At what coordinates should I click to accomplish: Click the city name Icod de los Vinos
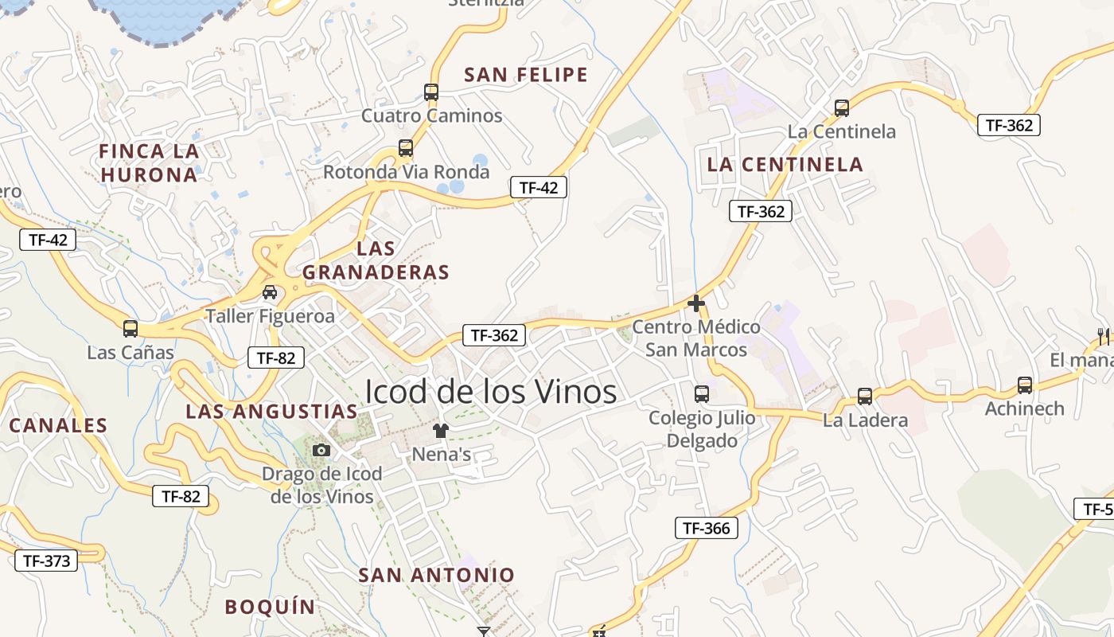coord(490,392)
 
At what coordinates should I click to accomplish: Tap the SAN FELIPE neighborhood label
coord(525,75)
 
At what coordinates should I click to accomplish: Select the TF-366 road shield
coord(706,528)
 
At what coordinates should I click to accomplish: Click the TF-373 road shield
coord(46,561)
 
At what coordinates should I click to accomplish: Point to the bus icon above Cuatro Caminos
coord(431,92)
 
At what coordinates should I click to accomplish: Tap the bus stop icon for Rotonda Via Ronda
coord(406,148)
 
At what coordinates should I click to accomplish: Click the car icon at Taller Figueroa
coord(270,292)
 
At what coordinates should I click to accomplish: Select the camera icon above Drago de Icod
coord(321,450)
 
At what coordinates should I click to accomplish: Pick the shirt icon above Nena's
coord(441,431)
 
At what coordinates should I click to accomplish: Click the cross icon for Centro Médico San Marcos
coord(696,303)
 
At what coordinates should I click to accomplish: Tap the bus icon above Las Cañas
coord(130,328)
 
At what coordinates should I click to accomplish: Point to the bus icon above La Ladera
coord(865,396)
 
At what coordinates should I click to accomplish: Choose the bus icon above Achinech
coord(1025,385)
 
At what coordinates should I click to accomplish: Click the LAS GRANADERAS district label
coord(376,260)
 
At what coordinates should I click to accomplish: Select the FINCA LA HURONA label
coord(149,162)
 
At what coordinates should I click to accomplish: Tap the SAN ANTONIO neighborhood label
coord(436,575)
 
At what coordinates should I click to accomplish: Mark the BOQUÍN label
coord(270,607)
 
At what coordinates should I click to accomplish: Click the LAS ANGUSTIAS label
coord(271,412)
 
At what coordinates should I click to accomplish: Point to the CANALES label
coord(58,425)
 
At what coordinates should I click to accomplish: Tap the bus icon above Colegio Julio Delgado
coord(702,393)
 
